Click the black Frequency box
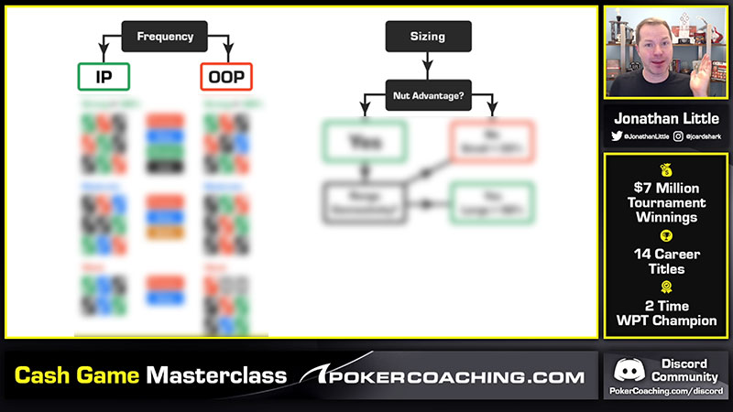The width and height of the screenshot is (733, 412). tap(165, 37)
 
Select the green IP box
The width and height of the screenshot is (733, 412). tap(104, 77)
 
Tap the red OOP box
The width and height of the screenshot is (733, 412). tap(226, 77)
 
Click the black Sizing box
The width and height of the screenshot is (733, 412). tap(428, 37)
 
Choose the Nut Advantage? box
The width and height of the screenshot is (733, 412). tap(428, 94)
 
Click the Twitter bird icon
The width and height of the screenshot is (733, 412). tap(617, 136)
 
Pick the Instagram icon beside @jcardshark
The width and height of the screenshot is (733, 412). tap(678, 136)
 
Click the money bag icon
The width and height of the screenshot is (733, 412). tap(660, 170)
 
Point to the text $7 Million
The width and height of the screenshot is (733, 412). tap(660, 188)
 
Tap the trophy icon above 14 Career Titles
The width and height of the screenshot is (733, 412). tap(660, 236)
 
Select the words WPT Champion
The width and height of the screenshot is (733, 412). tap(660, 321)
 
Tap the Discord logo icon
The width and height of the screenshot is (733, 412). tap(628, 370)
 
